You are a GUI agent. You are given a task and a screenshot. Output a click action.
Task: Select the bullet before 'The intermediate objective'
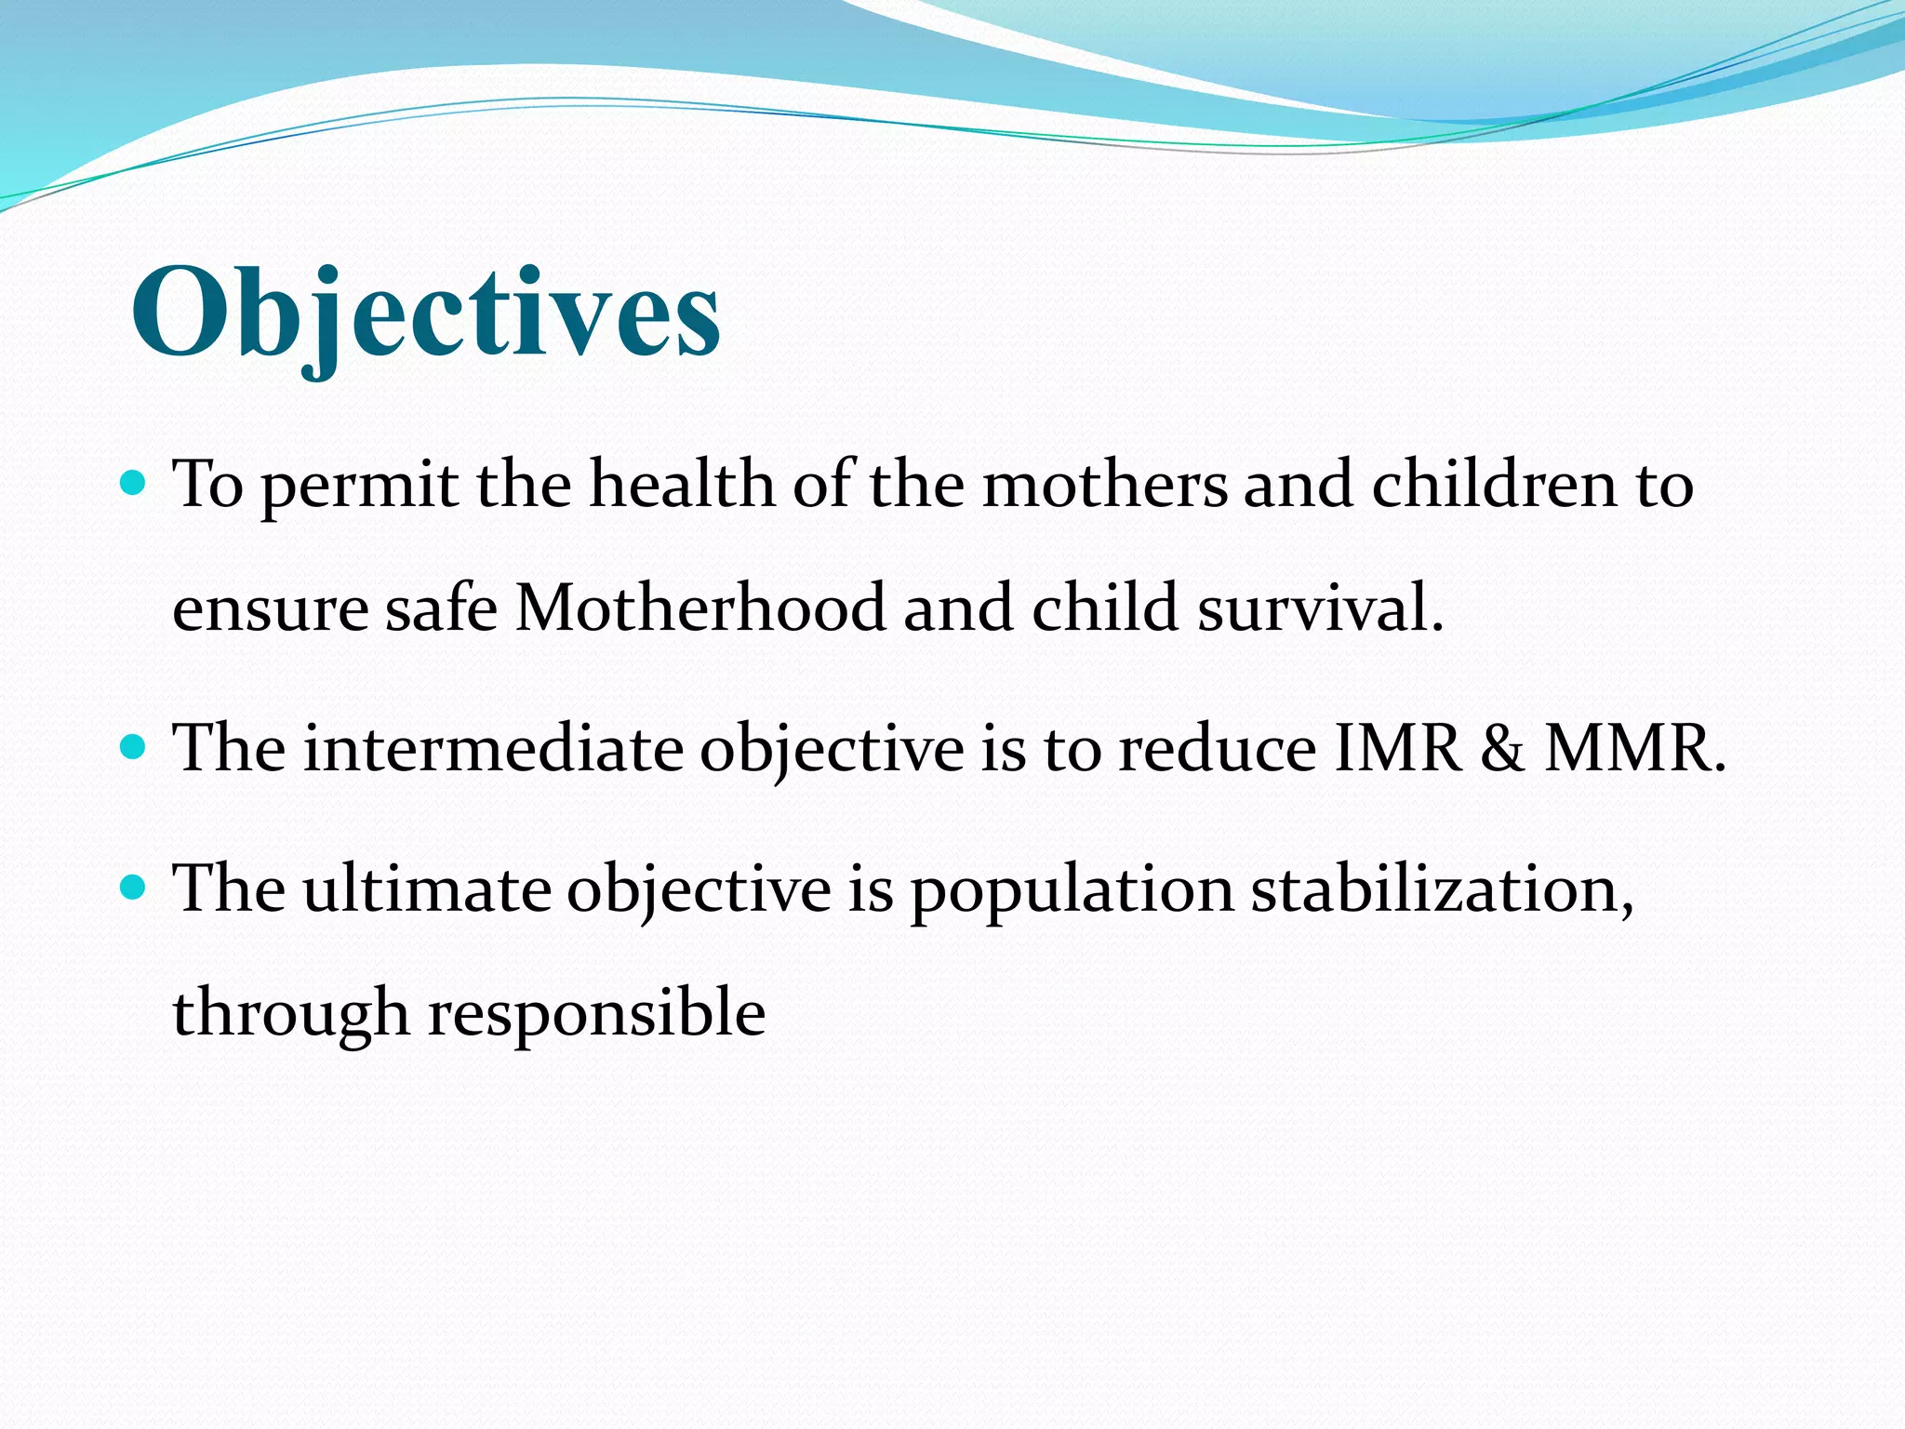tap(135, 746)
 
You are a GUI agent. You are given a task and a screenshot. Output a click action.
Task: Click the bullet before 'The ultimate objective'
tap(135, 887)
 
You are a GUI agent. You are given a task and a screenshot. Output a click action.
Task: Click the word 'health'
tap(682, 485)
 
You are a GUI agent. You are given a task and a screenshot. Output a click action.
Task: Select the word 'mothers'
tap(1105, 485)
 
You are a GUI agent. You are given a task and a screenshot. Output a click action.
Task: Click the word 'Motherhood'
tap(699, 608)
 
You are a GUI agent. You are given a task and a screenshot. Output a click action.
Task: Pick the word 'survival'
tap(1319, 608)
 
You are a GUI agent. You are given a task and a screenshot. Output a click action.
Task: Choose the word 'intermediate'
tap(494, 749)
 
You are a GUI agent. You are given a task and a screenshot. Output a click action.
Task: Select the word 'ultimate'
tap(427, 889)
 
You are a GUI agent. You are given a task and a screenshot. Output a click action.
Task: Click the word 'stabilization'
tap(1441, 889)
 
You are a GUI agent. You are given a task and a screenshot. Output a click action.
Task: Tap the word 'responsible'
tap(596, 1014)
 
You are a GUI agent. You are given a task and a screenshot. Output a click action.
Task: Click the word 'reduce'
tap(1217, 749)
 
